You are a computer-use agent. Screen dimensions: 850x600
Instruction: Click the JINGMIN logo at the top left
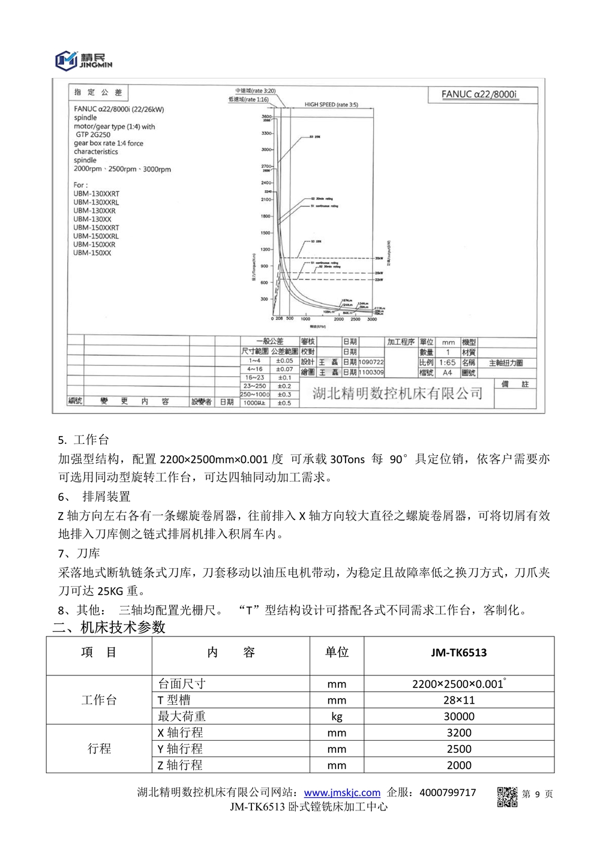pyautogui.click(x=83, y=60)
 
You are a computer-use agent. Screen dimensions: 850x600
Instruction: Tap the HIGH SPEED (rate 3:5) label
pyautogui.click(x=331, y=104)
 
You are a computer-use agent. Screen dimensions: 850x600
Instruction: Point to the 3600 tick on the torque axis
pyautogui.click(x=266, y=116)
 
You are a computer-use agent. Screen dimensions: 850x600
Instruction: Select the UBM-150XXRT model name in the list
pyautogui.click(x=96, y=227)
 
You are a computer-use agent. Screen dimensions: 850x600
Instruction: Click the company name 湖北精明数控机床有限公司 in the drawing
pyautogui.click(x=397, y=394)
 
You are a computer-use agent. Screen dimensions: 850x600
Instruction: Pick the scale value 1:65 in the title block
pyautogui.click(x=447, y=362)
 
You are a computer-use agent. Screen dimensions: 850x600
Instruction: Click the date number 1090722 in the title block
pyautogui.click(x=371, y=362)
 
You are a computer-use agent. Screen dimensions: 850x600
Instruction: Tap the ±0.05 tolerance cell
pyautogui.click(x=284, y=361)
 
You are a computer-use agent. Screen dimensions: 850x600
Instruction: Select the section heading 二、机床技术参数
pyautogui.click(x=109, y=627)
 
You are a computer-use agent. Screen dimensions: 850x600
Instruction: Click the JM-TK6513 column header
pyautogui.click(x=459, y=653)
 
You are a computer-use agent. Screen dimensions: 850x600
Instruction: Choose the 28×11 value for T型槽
pyautogui.click(x=459, y=700)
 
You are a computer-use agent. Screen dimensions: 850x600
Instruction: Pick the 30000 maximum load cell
pyautogui.click(x=459, y=716)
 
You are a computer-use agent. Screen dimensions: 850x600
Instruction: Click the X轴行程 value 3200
pyautogui.click(x=459, y=732)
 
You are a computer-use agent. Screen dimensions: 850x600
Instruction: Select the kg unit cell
pyautogui.click(x=337, y=716)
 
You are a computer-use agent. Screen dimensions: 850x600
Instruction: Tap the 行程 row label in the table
pyautogui.click(x=99, y=749)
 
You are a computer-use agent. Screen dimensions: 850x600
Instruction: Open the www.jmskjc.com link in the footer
pyautogui.click(x=342, y=792)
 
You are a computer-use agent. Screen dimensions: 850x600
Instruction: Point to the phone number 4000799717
pyautogui.click(x=448, y=792)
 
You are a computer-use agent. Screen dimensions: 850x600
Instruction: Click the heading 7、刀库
pyautogui.click(x=79, y=553)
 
